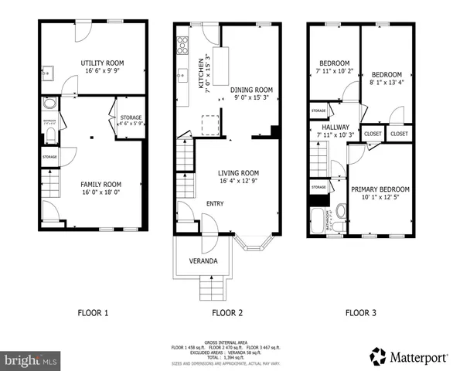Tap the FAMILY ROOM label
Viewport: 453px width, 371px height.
[x=101, y=184]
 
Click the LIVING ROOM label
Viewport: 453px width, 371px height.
[x=237, y=173]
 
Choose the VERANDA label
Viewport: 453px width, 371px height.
[x=203, y=261]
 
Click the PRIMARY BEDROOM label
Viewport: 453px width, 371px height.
[x=380, y=189]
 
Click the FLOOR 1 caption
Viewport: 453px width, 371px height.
[x=93, y=313]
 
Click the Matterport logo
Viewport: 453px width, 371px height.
[x=409, y=357]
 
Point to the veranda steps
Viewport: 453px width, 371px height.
[x=213, y=290]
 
